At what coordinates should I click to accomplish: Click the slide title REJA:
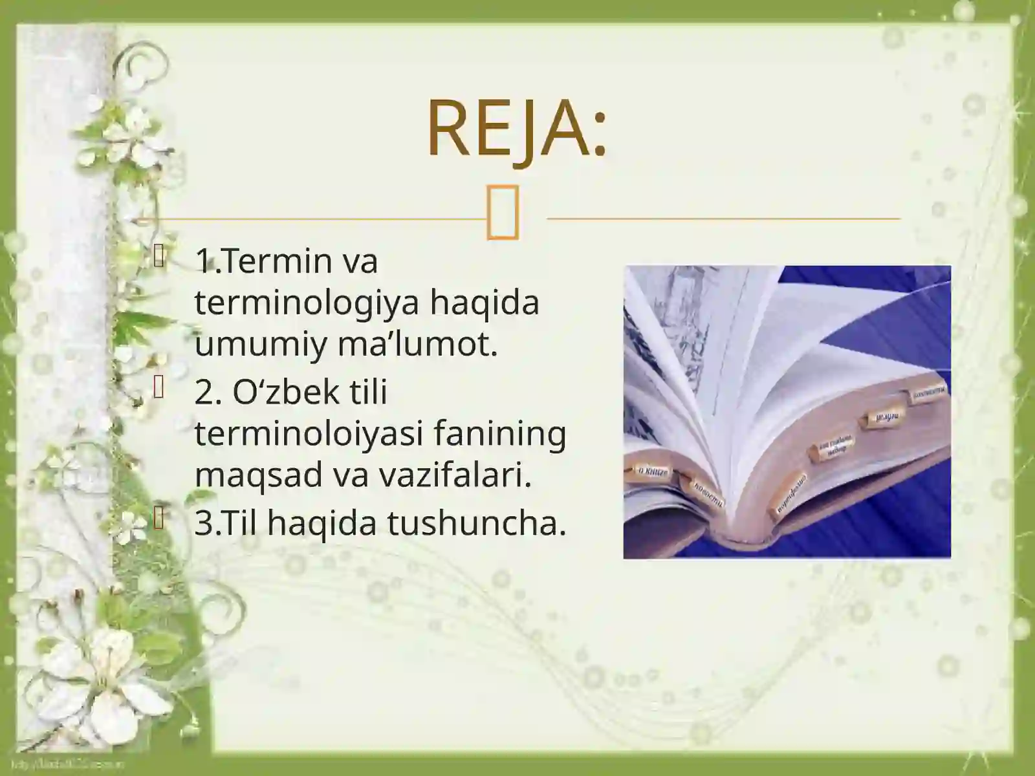pyautogui.click(x=516, y=129)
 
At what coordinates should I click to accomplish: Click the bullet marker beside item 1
pyautogui.click(x=160, y=258)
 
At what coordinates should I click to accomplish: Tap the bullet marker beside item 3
pyautogui.click(x=160, y=517)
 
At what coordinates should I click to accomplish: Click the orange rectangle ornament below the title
pyautogui.click(x=503, y=214)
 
